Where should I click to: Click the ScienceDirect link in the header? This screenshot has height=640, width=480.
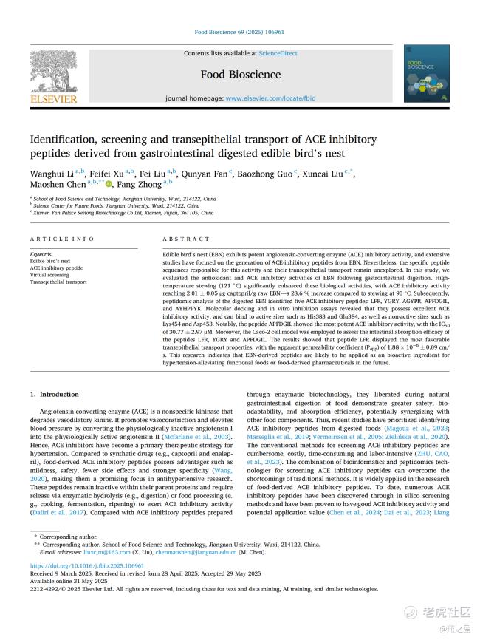pos(278,53)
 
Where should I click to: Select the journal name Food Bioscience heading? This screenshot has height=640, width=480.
pos(240,75)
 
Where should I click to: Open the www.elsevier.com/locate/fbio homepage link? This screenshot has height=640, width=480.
pos(270,98)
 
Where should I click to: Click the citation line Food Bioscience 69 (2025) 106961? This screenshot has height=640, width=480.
pos(239,33)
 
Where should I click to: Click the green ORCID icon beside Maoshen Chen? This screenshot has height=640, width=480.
pos(109,184)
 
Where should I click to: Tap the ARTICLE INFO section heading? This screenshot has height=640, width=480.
pos(62,239)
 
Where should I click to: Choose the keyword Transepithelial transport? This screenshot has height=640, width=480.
pos(58,282)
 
